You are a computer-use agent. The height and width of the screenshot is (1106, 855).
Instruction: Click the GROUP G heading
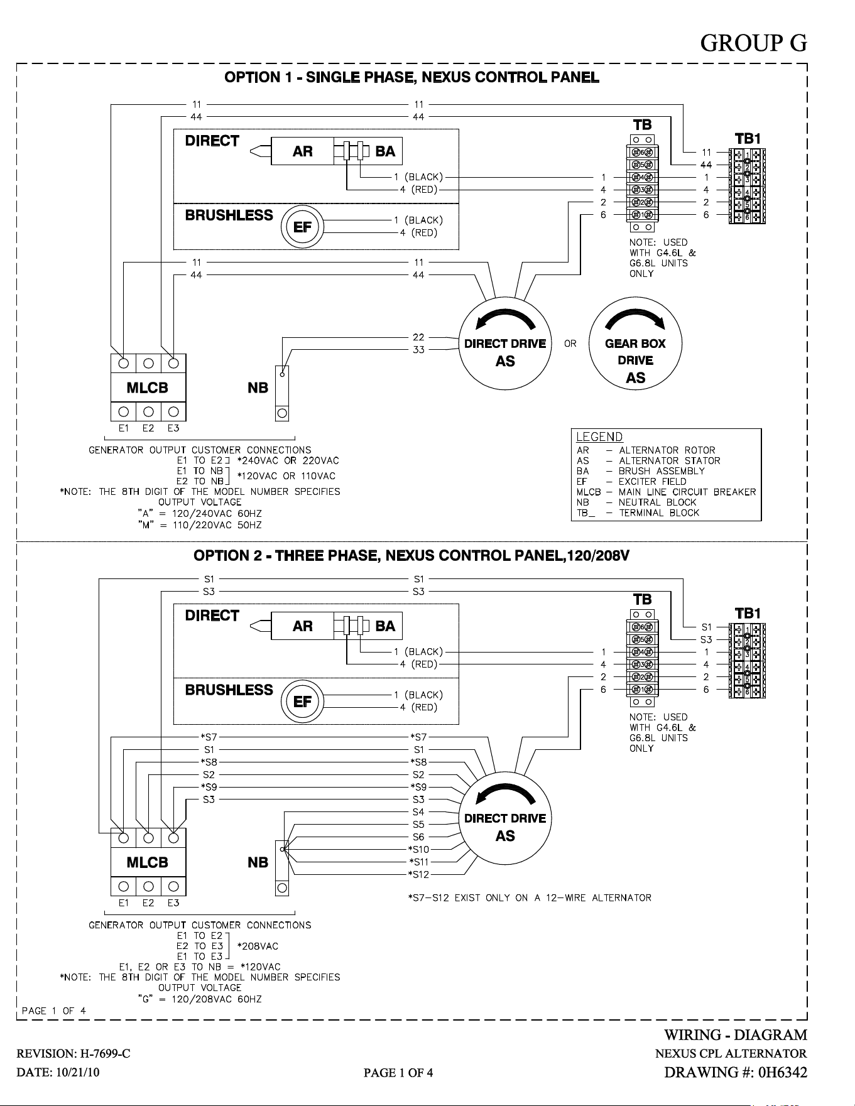(x=753, y=43)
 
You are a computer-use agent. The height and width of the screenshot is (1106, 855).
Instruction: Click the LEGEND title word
(x=599, y=437)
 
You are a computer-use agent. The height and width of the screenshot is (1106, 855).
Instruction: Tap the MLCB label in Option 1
(x=148, y=388)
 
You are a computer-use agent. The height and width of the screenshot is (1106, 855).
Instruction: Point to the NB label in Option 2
(x=258, y=862)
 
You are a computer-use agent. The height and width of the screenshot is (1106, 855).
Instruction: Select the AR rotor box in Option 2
(x=302, y=626)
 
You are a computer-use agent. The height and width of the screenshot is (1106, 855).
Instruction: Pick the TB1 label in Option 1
(x=748, y=138)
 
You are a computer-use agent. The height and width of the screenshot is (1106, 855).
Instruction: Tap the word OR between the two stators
(x=570, y=344)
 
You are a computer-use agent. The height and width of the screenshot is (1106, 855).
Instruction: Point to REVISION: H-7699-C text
(x=74, y=1053)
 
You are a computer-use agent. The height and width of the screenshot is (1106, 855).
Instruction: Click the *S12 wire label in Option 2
(x=418, y=874)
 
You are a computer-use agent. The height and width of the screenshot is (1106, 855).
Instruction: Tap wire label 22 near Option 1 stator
(x=418, y=337)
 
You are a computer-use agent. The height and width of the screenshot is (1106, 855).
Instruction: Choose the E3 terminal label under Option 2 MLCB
(x=173, y=903)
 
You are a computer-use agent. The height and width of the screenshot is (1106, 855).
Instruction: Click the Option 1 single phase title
(x=412, y=77)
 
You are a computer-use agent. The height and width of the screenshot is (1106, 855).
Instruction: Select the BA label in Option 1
(x=385, y=151)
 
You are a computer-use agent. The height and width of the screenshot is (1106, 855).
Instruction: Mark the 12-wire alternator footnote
(x=530, y=897)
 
